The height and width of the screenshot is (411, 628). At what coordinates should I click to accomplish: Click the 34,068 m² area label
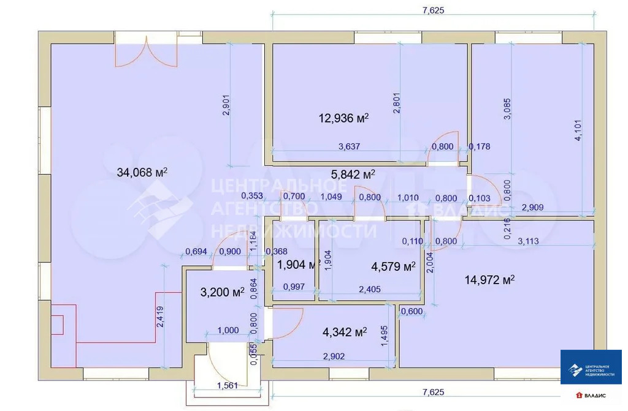142,173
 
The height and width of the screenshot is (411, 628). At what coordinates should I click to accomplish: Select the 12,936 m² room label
343,118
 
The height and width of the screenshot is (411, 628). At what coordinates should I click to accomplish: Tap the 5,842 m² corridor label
353,175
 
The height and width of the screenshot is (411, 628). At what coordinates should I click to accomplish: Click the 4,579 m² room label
393,266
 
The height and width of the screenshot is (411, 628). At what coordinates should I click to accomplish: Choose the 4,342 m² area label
344,332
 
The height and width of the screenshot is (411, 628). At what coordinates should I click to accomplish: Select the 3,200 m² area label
222,292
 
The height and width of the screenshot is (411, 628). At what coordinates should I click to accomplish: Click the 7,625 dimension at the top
433,10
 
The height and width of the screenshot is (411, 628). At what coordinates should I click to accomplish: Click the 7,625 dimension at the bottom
433,391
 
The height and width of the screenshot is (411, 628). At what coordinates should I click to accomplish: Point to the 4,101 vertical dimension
577,131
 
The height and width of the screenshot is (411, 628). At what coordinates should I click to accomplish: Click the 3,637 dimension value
349,146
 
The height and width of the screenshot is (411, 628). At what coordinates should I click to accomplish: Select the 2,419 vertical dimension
160,317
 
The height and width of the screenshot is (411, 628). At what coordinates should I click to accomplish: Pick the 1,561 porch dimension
228,385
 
